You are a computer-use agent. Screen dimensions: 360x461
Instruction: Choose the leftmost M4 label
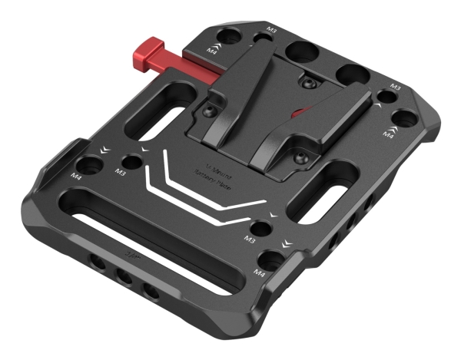[76, 176]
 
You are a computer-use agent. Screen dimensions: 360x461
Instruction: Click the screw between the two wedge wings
[307, 82]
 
